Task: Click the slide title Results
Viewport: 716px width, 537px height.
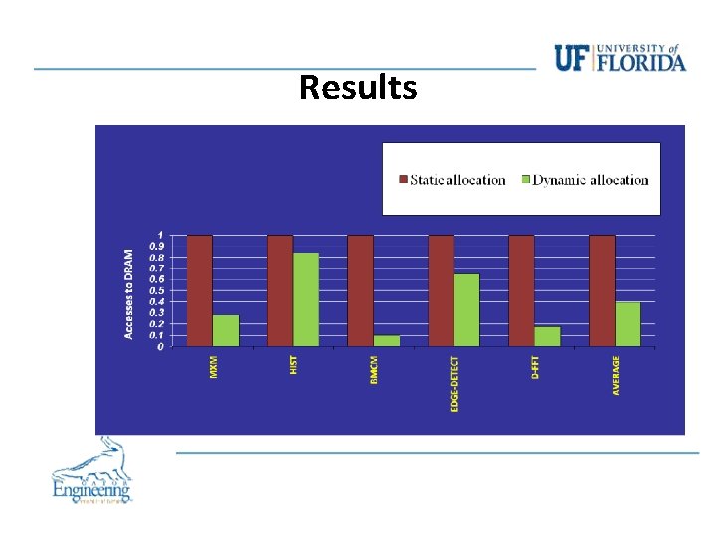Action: (358, 88)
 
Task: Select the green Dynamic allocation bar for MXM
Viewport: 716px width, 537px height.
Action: (226, 330)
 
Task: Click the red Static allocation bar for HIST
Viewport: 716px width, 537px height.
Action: (280, 290)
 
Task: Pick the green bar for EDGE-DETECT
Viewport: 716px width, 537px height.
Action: (466, 310)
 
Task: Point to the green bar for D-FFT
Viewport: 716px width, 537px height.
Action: (547, 336)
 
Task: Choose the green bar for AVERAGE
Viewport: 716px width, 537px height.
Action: (627, 324)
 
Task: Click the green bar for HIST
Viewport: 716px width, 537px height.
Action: (306, 299)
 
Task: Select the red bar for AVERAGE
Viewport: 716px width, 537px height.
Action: (602, 290)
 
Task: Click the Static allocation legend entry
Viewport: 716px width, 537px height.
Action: (453, 180)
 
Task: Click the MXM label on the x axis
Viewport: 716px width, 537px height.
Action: (213, 367)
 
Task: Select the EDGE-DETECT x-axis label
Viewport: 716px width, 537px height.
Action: (454, 385)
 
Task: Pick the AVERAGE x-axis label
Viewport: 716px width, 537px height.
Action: (616, 376)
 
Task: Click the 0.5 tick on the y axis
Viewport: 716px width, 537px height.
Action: (158, 290)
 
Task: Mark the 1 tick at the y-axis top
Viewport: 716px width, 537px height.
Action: (161, 235)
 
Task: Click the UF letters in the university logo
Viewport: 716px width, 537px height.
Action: (571, 59)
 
